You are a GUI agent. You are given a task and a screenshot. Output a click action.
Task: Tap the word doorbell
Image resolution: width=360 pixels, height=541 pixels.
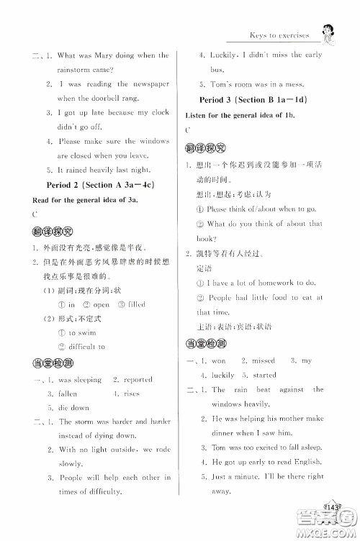point(114,99)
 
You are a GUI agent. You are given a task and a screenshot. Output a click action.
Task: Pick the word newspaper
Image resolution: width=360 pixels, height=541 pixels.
point(148,84)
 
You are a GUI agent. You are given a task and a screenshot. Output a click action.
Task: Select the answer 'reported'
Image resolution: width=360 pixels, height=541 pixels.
point(137,379)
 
